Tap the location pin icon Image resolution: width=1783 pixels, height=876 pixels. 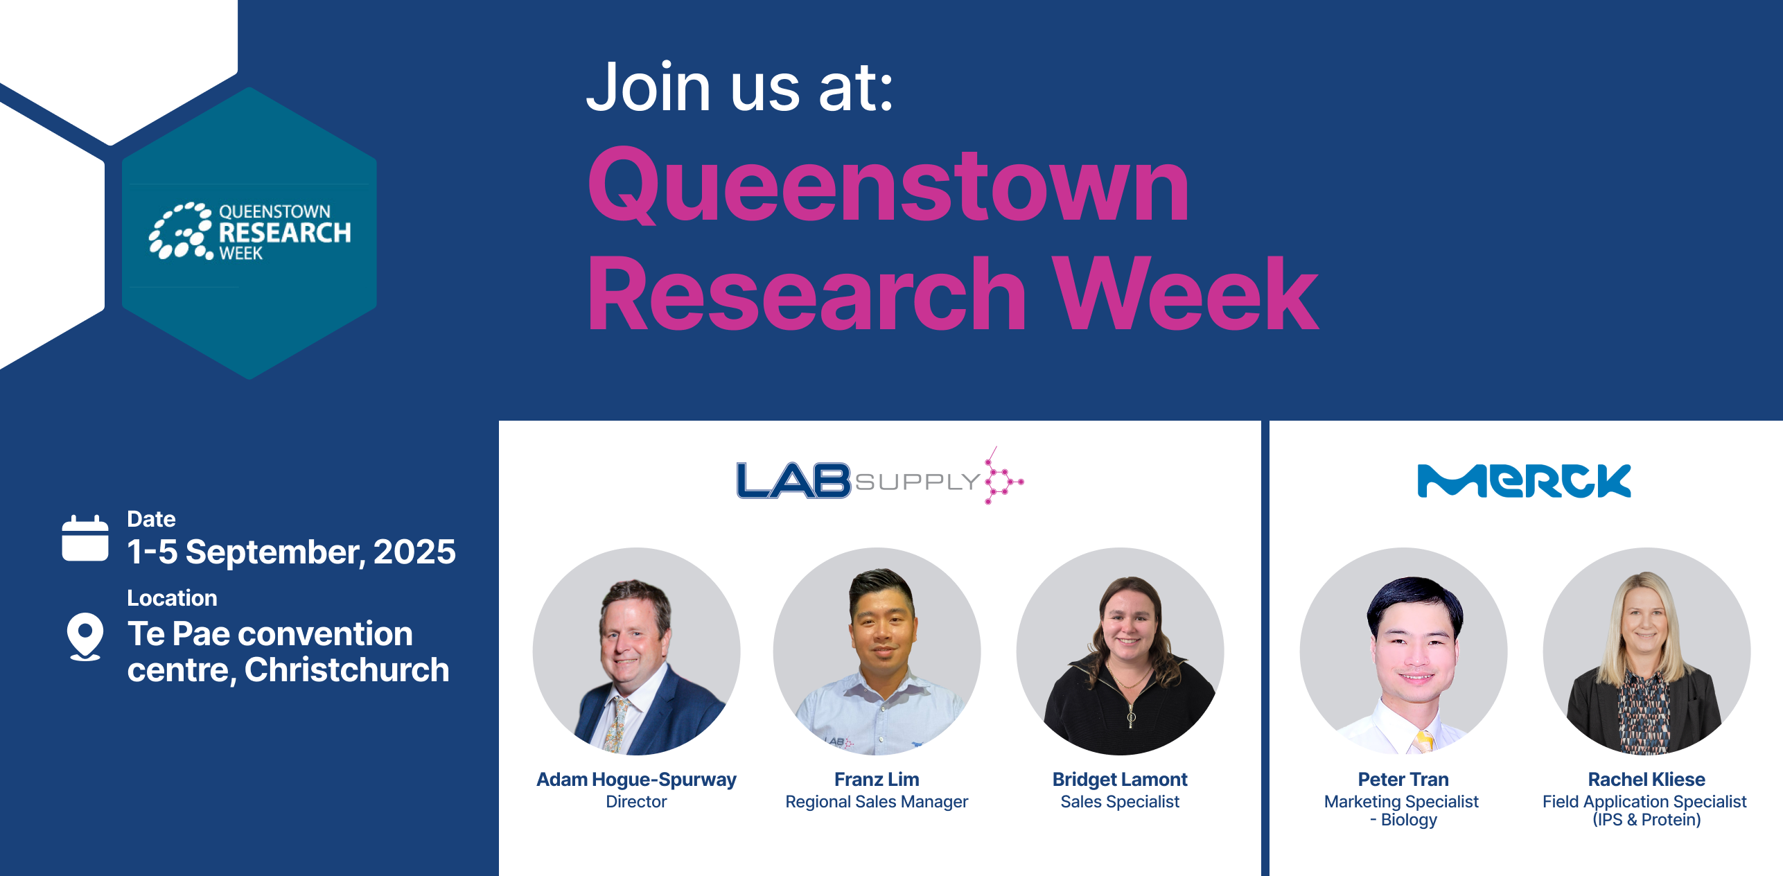[x=85, y=636]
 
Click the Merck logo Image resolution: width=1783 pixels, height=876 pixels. [x=1524, y=481]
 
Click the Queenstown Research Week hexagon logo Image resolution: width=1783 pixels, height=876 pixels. [x=249, y=233]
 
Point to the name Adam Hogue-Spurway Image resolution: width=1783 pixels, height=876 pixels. [x=636, y=780]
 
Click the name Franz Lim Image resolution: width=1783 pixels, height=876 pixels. [x=877, y=780]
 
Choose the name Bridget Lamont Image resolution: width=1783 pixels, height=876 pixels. [x=1120, y=780]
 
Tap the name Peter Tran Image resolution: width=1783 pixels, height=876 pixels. [x=1403, y=780]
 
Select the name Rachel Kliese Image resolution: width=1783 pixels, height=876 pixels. [x=1646, y=780]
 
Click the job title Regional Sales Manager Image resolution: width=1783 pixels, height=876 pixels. [x=877, y=802]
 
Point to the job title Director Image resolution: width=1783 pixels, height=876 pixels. [x=636, y=802]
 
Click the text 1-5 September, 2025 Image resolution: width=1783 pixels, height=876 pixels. [x=291, y=552]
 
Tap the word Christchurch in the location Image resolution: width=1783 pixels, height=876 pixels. [x=346, y=670]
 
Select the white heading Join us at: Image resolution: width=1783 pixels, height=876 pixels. [x=740, y=87]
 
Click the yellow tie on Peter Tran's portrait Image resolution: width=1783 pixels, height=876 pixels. [x=1423, y=742]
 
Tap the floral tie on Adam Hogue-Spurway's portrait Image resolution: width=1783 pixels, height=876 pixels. [x=616, y=724]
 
